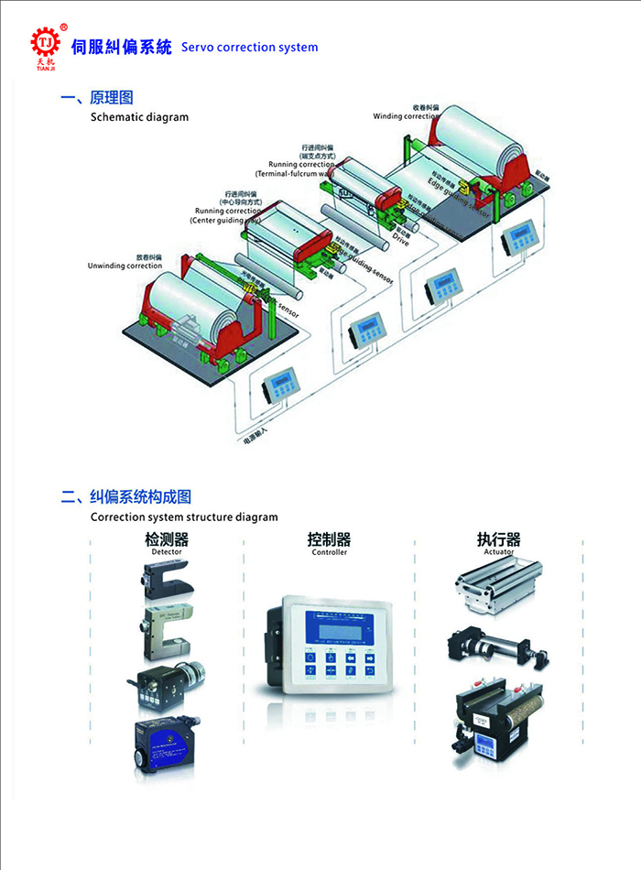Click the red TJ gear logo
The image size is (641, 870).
pyautogui.click(x=44, y=42)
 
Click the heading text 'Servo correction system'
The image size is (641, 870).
pyautogui.click(x=249, y=47)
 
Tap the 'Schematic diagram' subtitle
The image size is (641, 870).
pyautogui.click(x=139, y=117)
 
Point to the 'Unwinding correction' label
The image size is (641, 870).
pyautogui.click(x=125, y=266)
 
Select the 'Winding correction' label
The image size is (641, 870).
pyautogui.click(x=407, y=116)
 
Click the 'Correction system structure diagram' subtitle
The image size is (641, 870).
pyautogui.click(x=184, y=517)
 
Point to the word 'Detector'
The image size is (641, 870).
pyautogui.click(x=167, y=552)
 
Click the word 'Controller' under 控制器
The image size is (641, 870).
pyautogui.click(x=330, y=552)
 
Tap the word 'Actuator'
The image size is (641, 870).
pyautogui.click(x=499, y=552)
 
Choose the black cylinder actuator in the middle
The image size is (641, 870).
pyautogui.click(x=494, y=646)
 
